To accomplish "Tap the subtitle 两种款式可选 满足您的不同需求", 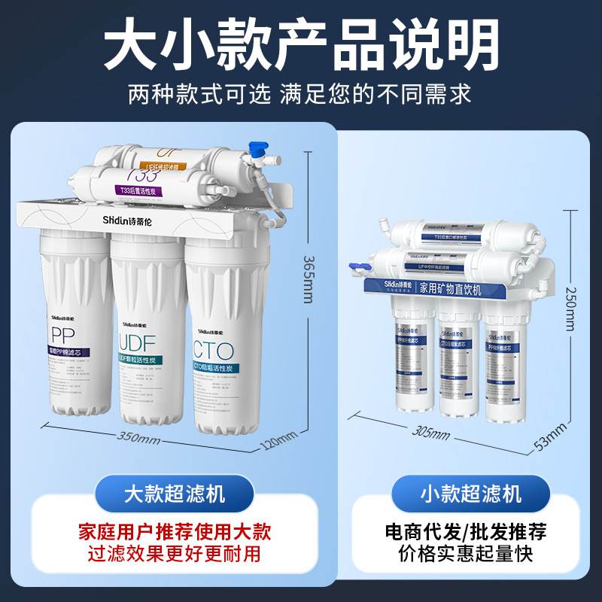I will click(301, 94).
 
